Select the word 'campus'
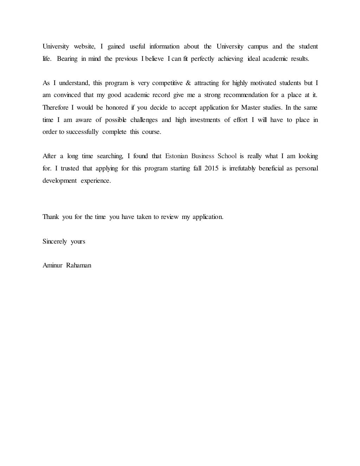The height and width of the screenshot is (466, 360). point(258,46)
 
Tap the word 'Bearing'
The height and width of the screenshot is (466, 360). point(67,59)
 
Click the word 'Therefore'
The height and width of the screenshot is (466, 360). point(56,108)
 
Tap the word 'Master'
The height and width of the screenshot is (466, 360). point(250,108)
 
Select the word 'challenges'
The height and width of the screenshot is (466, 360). point(144,120)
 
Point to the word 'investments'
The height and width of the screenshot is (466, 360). point(205,120)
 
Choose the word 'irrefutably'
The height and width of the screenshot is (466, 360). point(242,168)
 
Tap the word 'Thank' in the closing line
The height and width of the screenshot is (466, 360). point(51,217)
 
